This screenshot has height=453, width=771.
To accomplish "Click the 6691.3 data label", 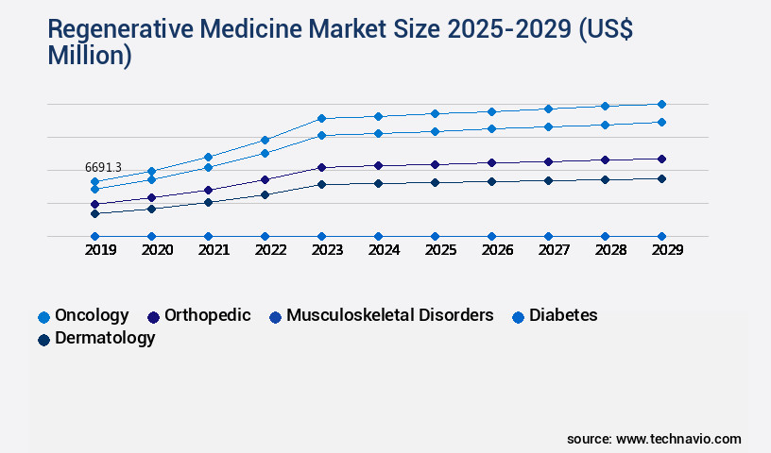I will [x=103, y=167].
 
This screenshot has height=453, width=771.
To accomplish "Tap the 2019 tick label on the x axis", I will [x=94, y=251].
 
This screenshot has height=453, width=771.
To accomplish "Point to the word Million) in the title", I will [x=90, y=57].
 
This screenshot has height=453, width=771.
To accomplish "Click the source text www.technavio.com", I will [x=678, y=439].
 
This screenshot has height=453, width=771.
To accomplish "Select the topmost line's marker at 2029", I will [x=661, y=104].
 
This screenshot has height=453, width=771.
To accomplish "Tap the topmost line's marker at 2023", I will [x=321, y=118].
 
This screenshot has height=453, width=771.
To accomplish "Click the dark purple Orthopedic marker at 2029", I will [x=661, y=159].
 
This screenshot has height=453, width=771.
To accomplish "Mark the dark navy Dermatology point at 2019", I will [x=94, y=213].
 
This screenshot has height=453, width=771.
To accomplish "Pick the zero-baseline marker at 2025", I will [x=435, y=236].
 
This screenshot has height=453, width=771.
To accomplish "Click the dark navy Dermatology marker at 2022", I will [x=265, y=194].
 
